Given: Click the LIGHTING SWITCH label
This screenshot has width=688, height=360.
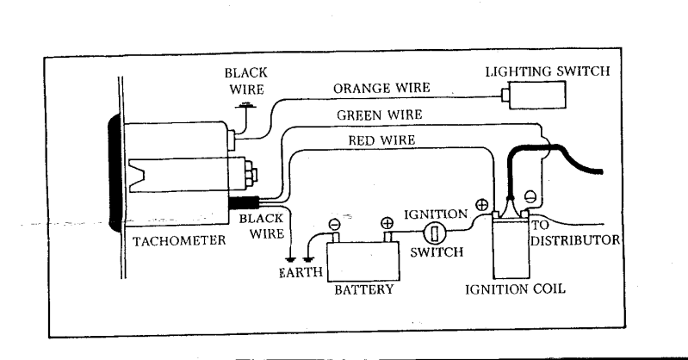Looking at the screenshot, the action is point(548,71).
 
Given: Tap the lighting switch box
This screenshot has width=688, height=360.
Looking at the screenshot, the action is point(537,95).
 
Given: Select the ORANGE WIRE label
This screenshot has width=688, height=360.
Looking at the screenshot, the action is point(381,88).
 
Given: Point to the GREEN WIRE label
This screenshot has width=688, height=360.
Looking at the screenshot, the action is point(380,115).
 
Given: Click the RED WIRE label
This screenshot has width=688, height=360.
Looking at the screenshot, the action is point(381,140).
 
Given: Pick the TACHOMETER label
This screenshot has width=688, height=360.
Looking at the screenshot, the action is point(179,241).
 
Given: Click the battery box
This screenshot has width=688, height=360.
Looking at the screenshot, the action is point(363,261).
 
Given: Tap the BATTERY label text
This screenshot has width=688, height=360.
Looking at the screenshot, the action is point(364,289).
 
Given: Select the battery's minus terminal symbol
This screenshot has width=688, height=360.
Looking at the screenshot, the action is point(334,225).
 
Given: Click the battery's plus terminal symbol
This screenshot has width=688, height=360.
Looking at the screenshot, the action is point(387,223).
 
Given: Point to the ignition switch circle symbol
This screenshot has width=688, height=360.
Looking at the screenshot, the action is point(435,233).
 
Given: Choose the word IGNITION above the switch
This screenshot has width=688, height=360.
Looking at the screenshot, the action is point(436,214).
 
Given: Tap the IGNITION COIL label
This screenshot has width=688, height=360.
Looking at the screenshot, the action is point(515,289).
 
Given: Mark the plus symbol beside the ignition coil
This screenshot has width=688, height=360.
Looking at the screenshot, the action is point(482,205).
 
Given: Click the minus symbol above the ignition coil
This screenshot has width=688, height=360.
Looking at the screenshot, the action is point(530,196).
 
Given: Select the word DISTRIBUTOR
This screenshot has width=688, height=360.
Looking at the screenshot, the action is point(575,240).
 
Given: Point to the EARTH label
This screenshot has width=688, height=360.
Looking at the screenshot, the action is point(301,273).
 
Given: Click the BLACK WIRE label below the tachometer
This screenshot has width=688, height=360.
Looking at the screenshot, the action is point(262,227).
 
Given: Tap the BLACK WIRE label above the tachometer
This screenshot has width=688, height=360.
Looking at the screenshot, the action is point(246,81).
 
